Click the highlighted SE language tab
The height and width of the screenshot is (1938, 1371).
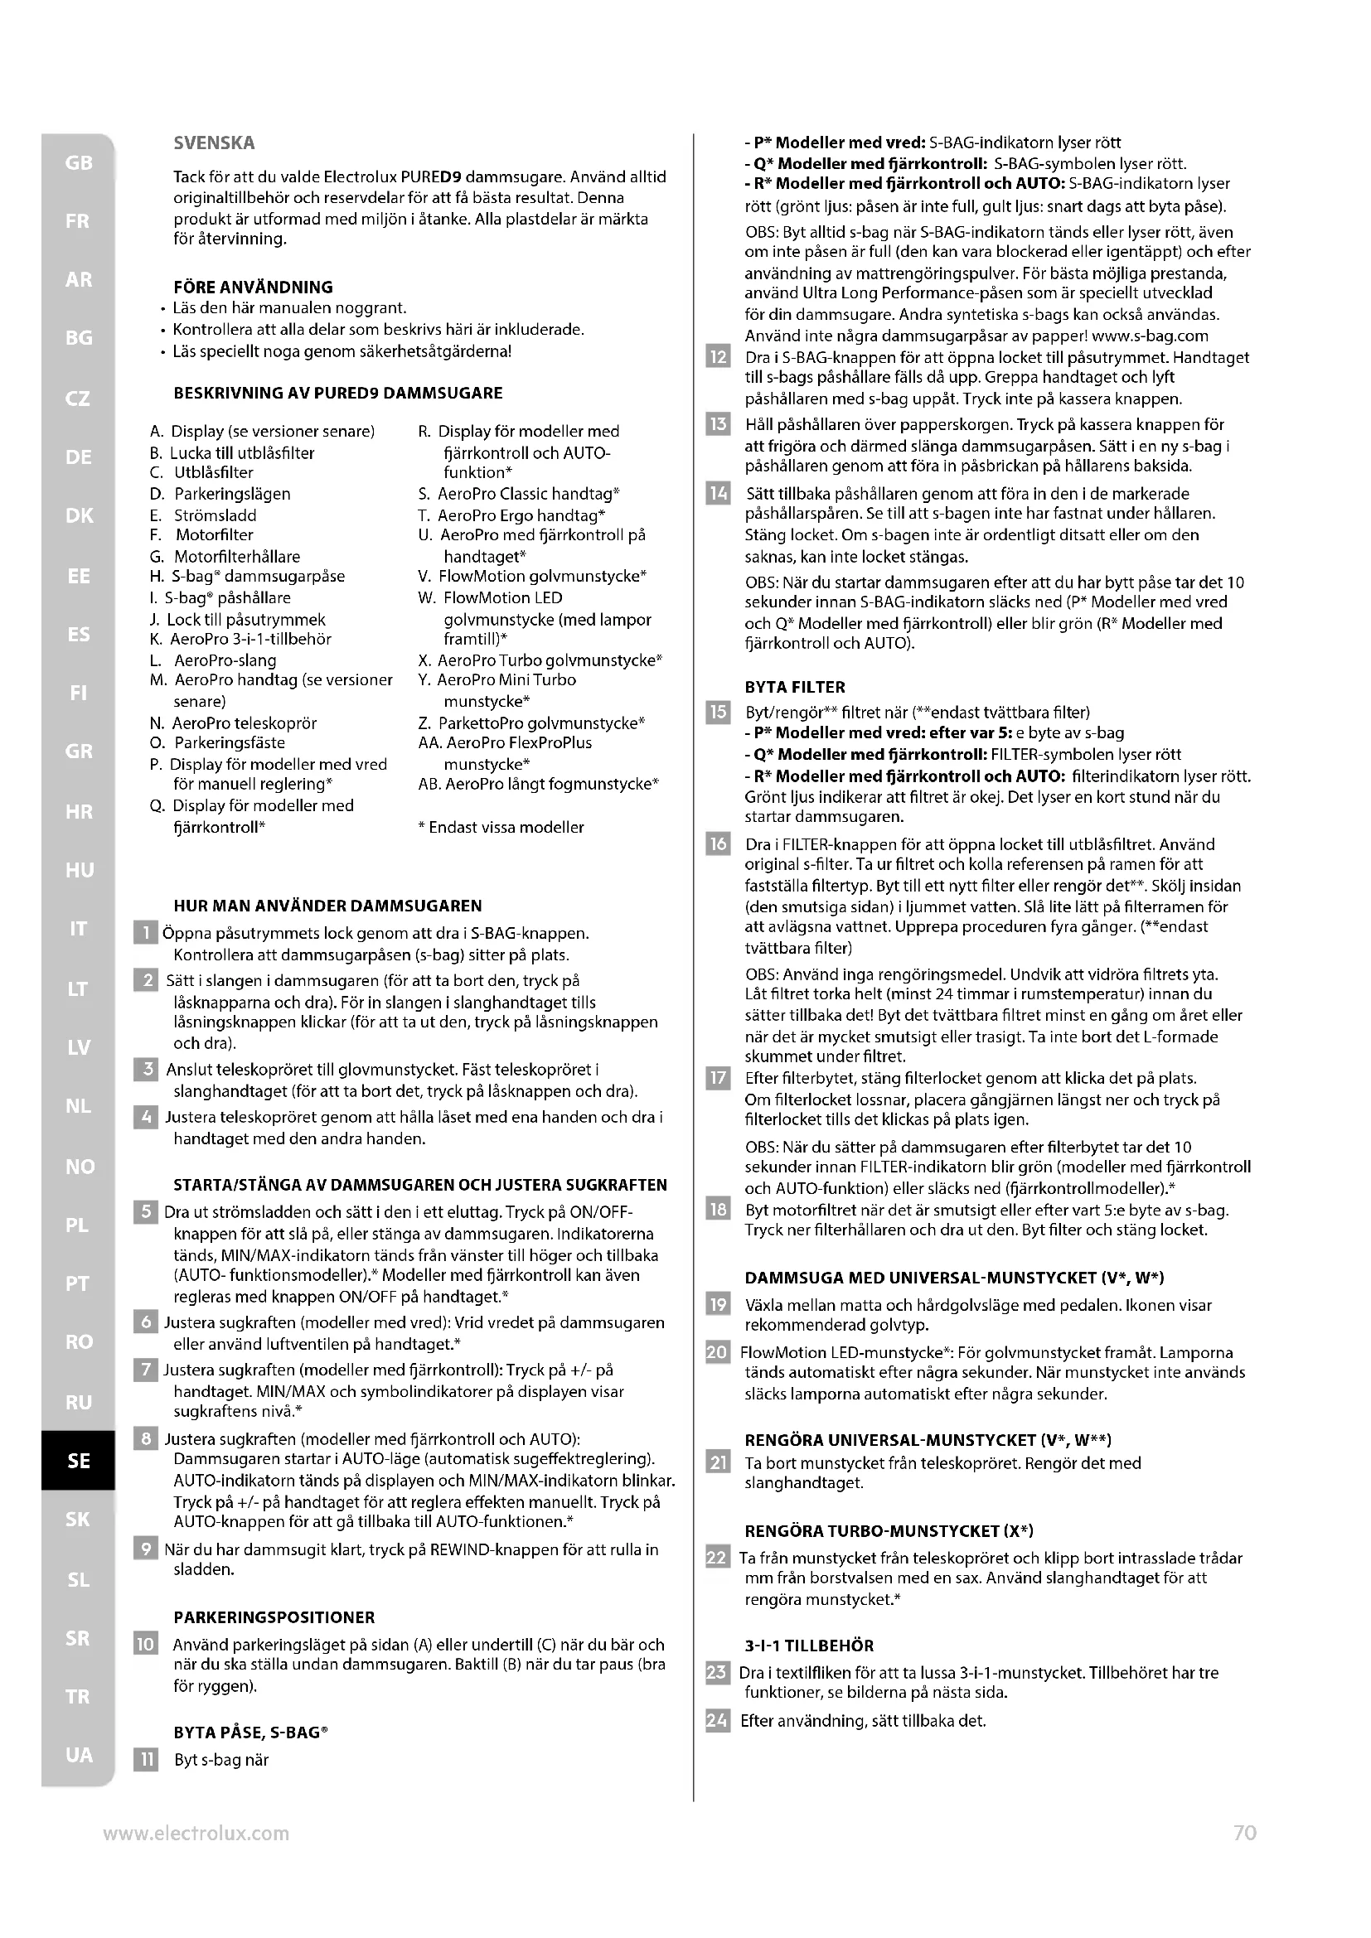tap(78, 1460)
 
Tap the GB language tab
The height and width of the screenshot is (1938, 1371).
tap(78, 163)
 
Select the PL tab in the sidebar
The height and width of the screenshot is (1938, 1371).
tap(78, 1225)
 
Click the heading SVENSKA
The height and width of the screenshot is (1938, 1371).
tap(214, 143)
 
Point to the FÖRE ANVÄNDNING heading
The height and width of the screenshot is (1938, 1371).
tap(253, 287)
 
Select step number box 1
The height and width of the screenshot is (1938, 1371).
tap(145, 934)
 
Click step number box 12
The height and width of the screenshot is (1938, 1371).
tap(717, 357)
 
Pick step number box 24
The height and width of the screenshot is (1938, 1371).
tap(717, 1720)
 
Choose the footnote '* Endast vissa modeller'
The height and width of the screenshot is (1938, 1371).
tap(501, 827)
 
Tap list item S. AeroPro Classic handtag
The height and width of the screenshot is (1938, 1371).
tap(518, 494)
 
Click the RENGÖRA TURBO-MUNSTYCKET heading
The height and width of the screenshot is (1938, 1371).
tap(889, 1530)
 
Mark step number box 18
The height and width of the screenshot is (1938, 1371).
tap(717, 1210)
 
